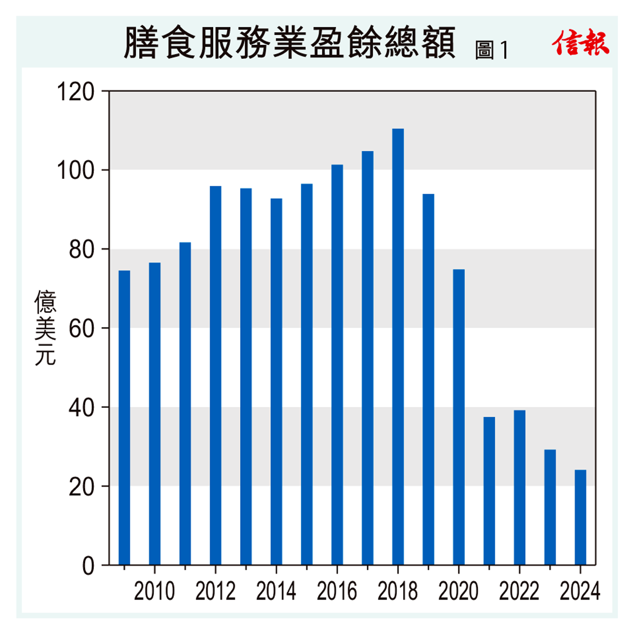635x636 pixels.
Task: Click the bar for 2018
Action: [398, 347]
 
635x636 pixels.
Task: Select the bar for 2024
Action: [580, 517]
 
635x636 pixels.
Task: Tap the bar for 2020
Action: [459, 417]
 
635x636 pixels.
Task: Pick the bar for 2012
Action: [215, 375]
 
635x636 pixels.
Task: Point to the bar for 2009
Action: [124, 417]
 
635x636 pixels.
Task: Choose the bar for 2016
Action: [337, 365]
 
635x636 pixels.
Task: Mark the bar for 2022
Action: [520, 487]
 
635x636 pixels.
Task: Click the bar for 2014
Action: [276, 381]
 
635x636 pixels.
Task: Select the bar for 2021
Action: [489, 490]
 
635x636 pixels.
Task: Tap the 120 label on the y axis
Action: [75, 92]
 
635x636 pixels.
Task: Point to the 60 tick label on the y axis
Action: [81, 329]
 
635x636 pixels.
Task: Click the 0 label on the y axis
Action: [88, 566]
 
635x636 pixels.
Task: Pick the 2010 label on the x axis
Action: [155, 591]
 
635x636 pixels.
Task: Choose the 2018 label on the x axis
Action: [398, 591]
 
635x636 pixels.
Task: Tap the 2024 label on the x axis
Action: [580, 591]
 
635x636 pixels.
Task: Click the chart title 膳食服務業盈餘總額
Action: [289, 43]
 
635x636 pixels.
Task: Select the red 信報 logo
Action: [580, 42]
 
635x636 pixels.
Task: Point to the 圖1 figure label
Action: [492, 50]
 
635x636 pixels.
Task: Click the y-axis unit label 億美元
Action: [46, 328]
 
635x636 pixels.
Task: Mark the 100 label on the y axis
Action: [75, 171]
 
